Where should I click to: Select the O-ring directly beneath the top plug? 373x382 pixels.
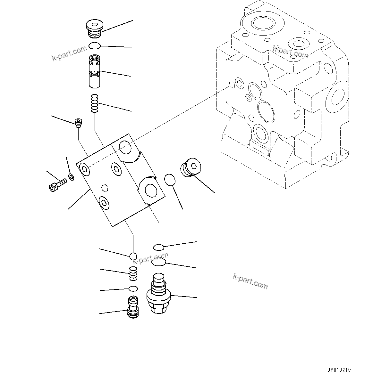point(95,46)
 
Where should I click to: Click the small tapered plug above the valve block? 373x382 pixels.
point(78,123)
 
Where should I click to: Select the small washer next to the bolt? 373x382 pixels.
point(71,176)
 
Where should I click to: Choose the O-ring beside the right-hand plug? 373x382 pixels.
point(170,180)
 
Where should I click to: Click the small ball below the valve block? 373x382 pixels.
point(133,256)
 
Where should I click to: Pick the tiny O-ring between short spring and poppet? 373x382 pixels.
point(133,289)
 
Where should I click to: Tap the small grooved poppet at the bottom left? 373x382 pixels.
point(133,307)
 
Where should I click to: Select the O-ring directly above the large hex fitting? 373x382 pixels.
point(158,263)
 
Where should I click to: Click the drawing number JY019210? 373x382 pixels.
point(339,370)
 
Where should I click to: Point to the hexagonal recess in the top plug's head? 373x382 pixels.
point(94,24)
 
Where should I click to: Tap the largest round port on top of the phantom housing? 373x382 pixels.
point(263,23)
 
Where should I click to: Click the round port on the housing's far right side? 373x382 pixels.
point(336,95)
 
